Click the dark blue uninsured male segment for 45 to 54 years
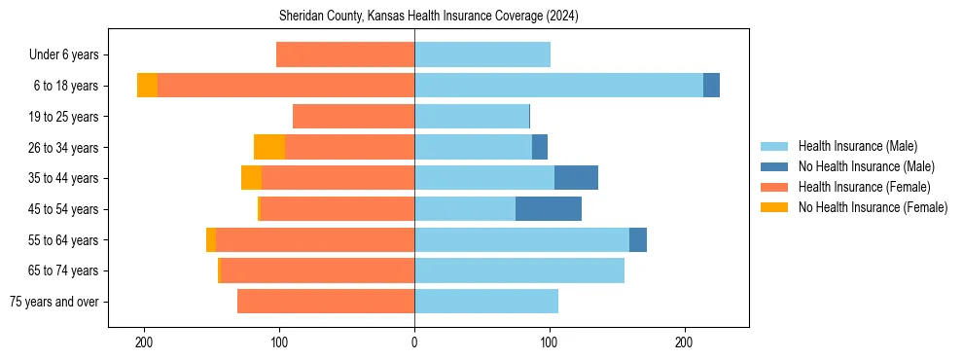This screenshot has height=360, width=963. (x=549, y=209)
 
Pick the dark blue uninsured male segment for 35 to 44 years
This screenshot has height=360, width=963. (x=576, y=178)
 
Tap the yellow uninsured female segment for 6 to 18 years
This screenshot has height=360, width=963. (x=147, y=86)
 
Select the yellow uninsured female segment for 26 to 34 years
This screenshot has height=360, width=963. (x=269, y=147)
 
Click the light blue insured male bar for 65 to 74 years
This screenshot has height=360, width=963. (x=519, y=270)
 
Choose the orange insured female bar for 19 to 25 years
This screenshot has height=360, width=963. (x=353, y=117)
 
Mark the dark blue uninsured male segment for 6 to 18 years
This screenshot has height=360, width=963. (x=711, y=86)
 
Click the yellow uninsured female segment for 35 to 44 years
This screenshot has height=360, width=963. (x=251, y=178)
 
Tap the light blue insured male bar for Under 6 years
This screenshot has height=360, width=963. (x=482, y=54)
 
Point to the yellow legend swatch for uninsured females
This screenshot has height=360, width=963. (x=775, y=207)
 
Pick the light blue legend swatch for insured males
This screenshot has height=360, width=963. (x=775, y=146)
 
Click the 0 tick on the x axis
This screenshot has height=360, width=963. (x=414, y=342)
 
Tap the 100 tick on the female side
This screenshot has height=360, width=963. (x=280, y=342)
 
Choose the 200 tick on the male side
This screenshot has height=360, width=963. (x=684, y=342)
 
